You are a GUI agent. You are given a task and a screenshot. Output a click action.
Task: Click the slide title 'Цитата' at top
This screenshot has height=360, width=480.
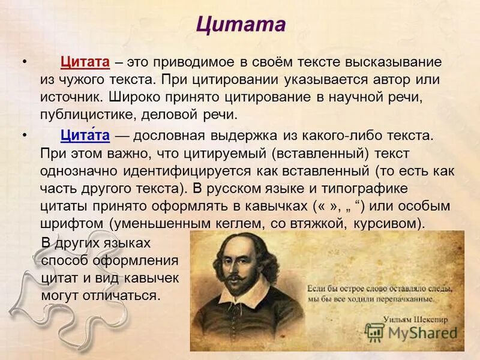pyautogui.click(x=240, y=25)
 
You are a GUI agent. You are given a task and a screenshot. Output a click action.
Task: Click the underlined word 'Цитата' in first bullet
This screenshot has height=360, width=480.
pyautogui.click(x=85, y=62)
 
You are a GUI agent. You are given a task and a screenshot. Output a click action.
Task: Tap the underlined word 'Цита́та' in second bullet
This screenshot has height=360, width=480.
pyautogui.click(x=85, y=136)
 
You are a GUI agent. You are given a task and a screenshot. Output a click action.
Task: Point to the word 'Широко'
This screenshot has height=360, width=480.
pyautogui.click(x=131, y=97)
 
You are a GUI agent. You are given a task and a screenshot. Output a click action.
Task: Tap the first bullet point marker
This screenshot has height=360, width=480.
pyautogui.click(x=24, y=62)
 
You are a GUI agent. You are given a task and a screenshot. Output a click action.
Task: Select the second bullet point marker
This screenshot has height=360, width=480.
pyautogui.click(x=24, y=136)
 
